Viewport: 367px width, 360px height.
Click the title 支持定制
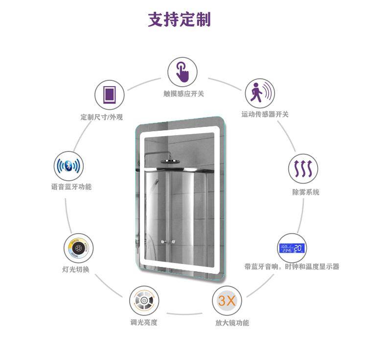pos(179,20)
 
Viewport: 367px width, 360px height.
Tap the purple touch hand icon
pos(183,72)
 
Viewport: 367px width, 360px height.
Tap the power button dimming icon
pos(144,300)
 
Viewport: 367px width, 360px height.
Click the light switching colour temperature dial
pos(79,248)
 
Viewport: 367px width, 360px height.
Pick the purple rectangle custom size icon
pos(109,95)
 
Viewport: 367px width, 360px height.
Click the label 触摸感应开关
pos(183,93)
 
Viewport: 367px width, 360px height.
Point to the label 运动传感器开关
pos(265,115)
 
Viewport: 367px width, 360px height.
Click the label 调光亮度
pos(144,322)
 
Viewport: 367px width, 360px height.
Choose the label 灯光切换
pos(76,270)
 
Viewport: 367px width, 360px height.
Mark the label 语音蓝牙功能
pos(71,187)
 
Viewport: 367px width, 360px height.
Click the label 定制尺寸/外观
pos(102,118)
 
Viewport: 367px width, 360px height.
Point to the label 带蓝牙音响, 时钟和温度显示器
pos(292,267)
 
